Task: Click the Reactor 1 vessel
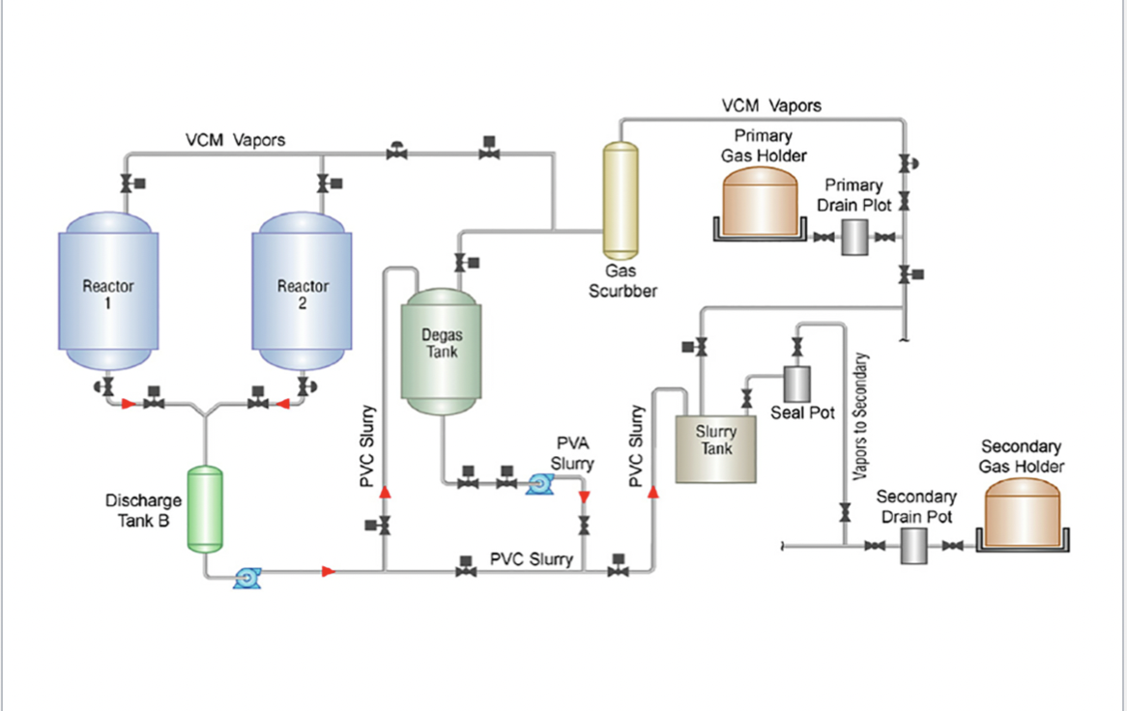pyautogui.click(x=108, y=295)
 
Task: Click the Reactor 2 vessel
pyautogui.click(x=301, y=295)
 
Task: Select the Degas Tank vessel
pyautogui.click(x=441, y=353)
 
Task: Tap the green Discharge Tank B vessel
pyautogui.click(x=204, y=509)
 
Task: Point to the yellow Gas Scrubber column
pyautogui.click(x=621, y=198)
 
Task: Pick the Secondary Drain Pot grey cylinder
pyautogui.click(x=914, y=547)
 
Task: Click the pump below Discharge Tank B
pyautogui.click(x=246, y=579)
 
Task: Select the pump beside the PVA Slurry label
pyautogui.click(x=538, y=484)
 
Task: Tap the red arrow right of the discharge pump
pyautogui.click(x=329, y=572)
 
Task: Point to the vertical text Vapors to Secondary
pyautogui.click(x=860, y=415)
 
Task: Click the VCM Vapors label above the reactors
pyautogui.click(x=235, y=140)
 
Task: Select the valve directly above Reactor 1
pyautogui.click(x=126, y=183)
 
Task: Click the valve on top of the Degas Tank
pyautogui.click(x=460, y=262)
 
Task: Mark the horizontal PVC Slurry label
pyautogui.click(x=531, y=559)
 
